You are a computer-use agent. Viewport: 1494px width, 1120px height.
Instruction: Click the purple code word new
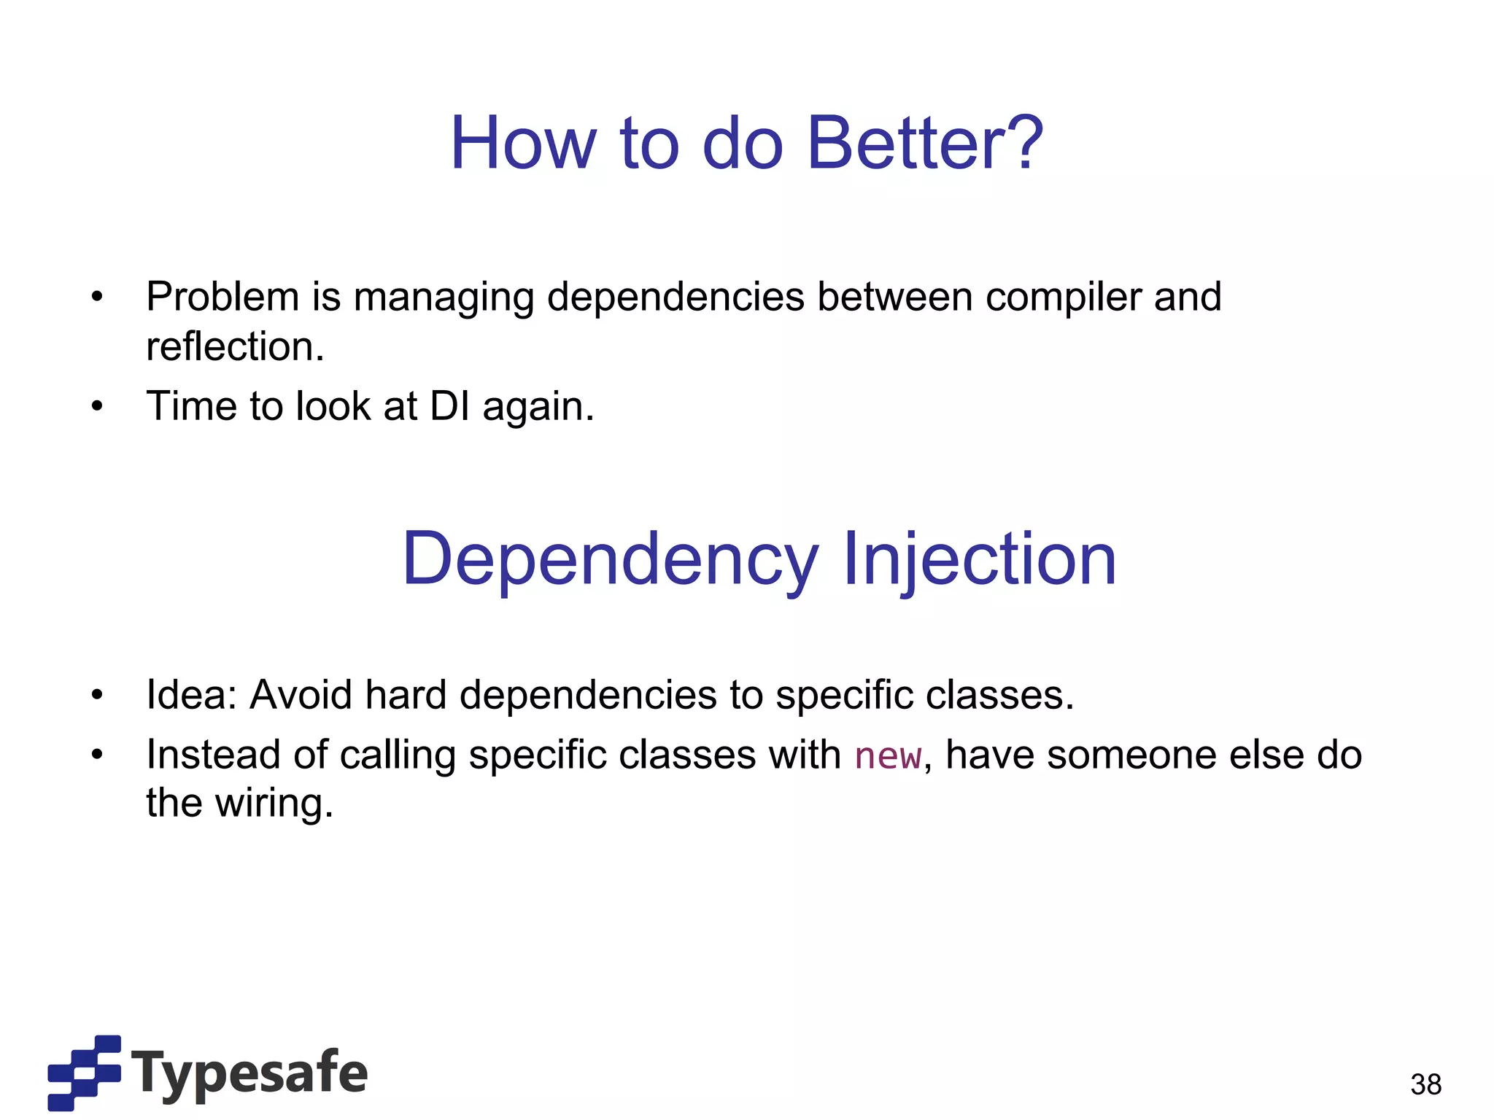(888, 756)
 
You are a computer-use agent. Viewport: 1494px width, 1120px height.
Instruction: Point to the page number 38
(1425, 1084)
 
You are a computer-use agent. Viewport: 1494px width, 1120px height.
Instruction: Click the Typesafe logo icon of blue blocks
(84, 1073)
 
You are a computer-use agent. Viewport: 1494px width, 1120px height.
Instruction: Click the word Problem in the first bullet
(222, 297)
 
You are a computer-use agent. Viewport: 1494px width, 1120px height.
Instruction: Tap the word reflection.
(234, 346)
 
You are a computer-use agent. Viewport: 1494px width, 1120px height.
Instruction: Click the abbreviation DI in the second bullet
(450, 406)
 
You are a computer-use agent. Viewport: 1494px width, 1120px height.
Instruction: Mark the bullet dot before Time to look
(97, 406)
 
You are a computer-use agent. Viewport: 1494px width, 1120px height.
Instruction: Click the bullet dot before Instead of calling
(97, 755)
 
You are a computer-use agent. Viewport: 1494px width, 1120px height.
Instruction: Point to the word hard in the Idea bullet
(406, 694)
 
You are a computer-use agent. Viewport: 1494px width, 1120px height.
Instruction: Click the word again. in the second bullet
(538, 408)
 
